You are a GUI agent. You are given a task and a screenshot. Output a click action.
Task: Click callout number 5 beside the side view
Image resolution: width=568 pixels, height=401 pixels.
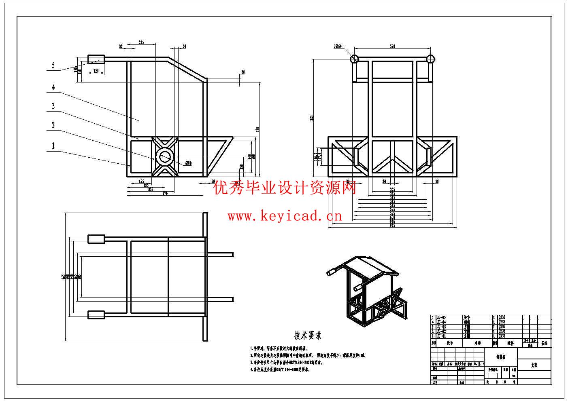tap(53, 65)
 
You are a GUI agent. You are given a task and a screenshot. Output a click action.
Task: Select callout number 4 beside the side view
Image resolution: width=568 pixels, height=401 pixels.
tap(53, 87)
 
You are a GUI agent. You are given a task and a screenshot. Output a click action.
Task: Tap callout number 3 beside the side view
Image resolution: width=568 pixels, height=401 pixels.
tap(53, 106)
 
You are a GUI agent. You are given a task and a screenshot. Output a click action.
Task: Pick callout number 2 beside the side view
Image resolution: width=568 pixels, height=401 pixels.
tap(53, 125)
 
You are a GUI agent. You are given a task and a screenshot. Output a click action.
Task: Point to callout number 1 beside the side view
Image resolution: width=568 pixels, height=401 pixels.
tap(53, 146)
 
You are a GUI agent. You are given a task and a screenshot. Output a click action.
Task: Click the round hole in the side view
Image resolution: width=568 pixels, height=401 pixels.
tap(165, 157)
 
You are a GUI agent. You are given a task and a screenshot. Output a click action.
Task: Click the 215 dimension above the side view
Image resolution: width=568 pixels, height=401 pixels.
tap(141, 42)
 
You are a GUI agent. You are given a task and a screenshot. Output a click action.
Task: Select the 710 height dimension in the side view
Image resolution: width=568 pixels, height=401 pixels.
tap(257, 129)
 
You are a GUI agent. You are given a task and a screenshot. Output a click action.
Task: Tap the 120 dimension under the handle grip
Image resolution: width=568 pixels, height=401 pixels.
tap(96, 71)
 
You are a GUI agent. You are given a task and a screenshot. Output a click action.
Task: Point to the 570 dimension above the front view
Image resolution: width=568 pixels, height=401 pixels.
tap(392, 47)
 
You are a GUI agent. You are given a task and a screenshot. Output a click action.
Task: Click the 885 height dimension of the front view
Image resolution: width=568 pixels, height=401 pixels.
tap(311, 118)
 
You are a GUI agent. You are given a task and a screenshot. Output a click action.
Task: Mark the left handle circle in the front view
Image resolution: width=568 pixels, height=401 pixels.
tap(354, 59)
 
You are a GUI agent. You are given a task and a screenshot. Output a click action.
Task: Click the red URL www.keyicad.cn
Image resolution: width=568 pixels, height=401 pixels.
tap(285, 216)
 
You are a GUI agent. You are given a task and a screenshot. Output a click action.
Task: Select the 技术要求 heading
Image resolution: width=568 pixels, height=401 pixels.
tap(308, 335)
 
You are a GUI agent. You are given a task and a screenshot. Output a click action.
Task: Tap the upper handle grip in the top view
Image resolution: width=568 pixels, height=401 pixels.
tap(96, 239)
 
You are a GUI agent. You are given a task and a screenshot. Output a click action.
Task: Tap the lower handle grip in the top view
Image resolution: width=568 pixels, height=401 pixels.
tap(96, 314)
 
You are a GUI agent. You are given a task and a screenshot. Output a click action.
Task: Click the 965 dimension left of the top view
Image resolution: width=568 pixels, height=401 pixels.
tap(64, 277)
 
